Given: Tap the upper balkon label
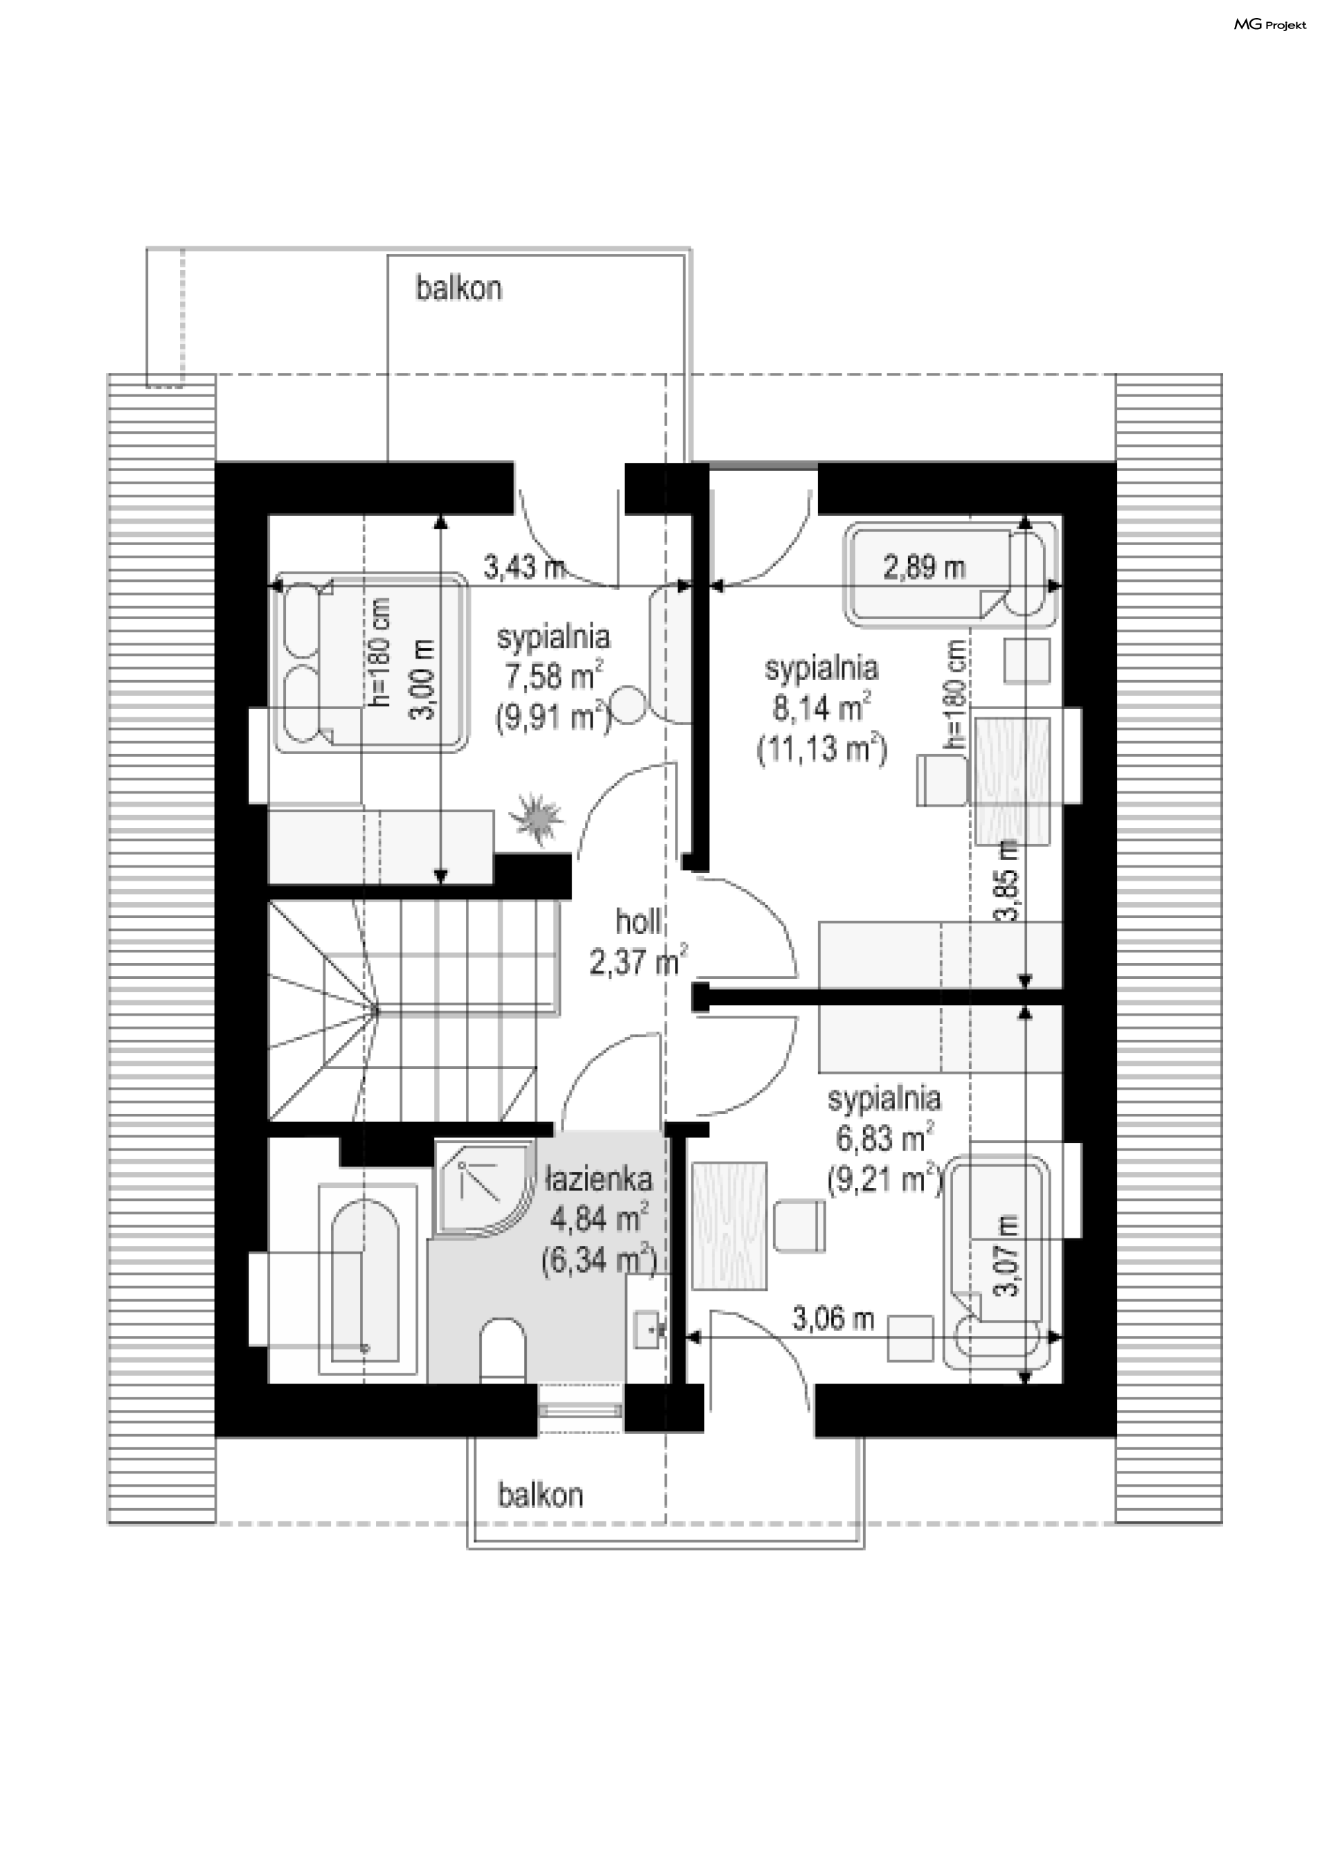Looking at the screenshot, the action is (x=458, y=288).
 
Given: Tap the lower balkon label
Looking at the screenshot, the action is (x=541, y=1495).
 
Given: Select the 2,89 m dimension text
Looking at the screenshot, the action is (x=925, y=567).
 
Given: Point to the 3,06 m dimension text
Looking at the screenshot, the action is (x=833, y=1319).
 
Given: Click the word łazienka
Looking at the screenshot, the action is (x=599, y=1178).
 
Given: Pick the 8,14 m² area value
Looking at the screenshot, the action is (x=821, y=708).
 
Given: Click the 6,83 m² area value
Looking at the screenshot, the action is (x=885, y=1137).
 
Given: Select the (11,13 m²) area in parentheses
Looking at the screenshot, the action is (x=822, y=748).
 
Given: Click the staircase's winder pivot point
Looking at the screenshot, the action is (x=376, y=1011).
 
